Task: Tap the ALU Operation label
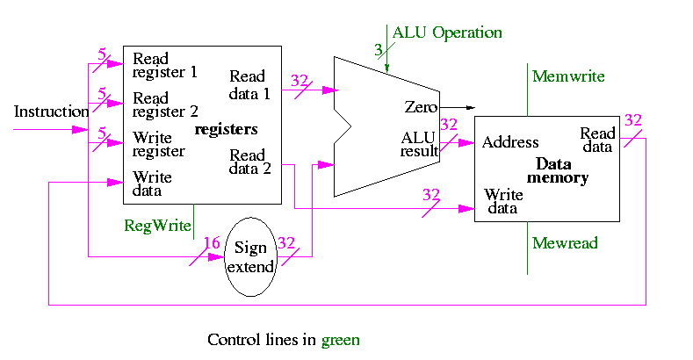[x=447, y=33]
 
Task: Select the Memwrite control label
[x=568, y=76]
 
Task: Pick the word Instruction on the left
[x=51, y=112]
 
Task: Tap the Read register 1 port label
[x=165, y=66]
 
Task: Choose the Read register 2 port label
[x=165, y=105]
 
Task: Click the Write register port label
[x=159, y=145]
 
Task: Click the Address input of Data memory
[x=510, y=142]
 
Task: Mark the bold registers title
[x=227, y=130]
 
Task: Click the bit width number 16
[x=212, y=242]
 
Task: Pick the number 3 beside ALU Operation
[x=379, y=49]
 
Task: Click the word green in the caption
[x=340, y=339]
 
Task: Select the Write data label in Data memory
[x=503, y=201]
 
